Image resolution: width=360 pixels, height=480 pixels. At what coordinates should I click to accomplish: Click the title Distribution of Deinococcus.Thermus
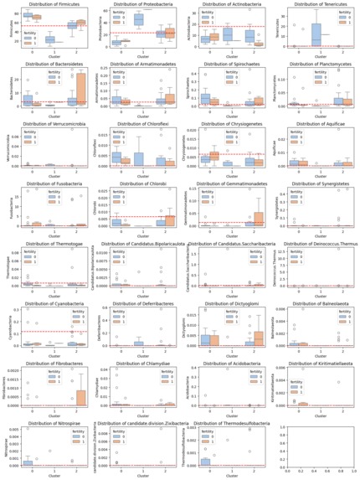coord(315,244)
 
